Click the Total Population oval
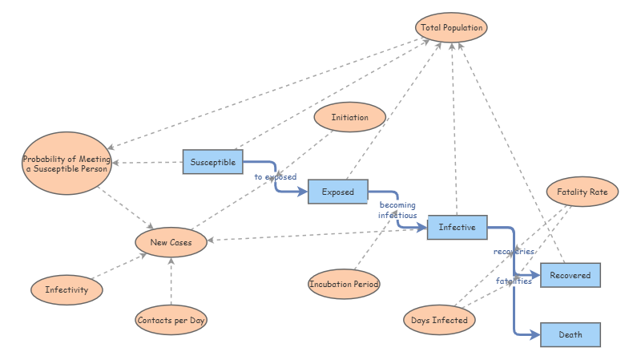click(452, 27)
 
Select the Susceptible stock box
click(212, 162)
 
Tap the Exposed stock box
click(337, 192)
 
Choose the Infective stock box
click(457, 228)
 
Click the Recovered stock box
click(570, 275)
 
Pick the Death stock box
click(570, 334)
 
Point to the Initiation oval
click(349, 117)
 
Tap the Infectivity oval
click(67, 289)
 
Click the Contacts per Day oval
click(171, 320)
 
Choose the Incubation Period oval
click(344, 284)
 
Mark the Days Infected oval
click(439, 320)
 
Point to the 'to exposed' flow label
click(275, 177)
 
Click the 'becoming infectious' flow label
click(397, 210)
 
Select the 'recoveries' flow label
click(514, 252)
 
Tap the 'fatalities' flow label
click(514, 281)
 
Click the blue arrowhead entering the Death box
click(534, 334)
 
